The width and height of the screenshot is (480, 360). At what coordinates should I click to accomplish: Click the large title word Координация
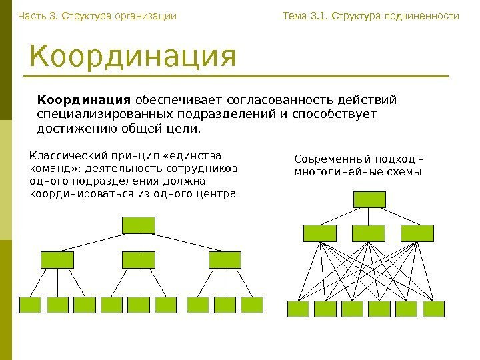(x=133, y=57)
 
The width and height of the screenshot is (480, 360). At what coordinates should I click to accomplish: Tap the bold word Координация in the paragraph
(x=84, y=101)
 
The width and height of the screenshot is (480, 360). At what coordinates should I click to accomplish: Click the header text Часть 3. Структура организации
(x=97, y=14)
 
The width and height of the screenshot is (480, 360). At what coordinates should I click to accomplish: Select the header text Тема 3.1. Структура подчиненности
(x=371, y=14)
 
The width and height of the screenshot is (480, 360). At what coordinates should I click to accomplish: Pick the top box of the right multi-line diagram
(x=370, y=199)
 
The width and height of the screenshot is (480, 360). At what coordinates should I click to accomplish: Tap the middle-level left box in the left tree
(x=57, y=259)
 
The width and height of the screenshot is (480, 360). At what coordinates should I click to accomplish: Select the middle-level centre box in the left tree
(x=139, y=259)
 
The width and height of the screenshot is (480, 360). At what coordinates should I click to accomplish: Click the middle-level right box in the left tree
(x=225, y=259)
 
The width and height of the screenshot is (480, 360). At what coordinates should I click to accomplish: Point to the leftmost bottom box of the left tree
(x=31, y=305)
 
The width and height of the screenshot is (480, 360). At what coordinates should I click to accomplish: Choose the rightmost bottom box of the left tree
(x=251, y=305)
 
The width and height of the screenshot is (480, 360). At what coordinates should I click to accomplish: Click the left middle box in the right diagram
(x=320, y=233)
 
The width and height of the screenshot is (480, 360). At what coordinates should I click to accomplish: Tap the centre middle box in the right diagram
(x=369, y=233)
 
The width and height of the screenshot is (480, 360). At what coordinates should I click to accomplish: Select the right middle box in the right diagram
(x=417, y=233)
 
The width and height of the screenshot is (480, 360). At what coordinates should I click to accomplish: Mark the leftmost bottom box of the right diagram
(x=298, y=309)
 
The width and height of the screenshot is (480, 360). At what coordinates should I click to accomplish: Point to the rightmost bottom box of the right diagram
(x=433, y=309)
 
